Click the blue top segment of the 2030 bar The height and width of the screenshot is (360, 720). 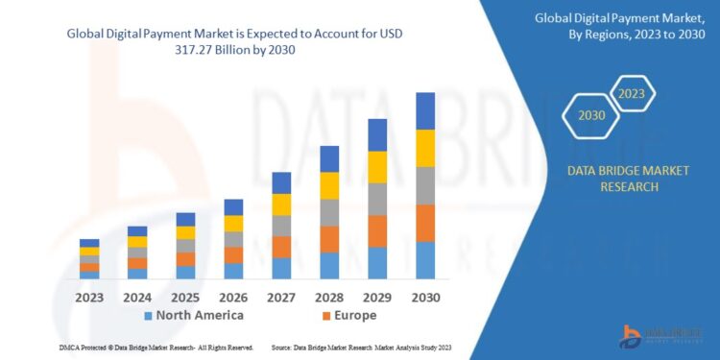click(424, 110)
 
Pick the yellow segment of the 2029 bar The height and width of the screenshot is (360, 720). click(377, 167)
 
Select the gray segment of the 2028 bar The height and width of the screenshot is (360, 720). click(329, 212)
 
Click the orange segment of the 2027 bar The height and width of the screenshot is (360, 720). click(281, 247)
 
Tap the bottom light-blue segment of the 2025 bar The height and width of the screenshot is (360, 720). click(185, 272)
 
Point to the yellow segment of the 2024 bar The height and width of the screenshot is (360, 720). click(137, 242)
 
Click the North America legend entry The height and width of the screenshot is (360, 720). click(193, 315)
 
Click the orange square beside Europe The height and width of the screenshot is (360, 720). click(326, 316)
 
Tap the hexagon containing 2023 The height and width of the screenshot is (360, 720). click(632, 94)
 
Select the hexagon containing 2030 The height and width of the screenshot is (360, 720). click(591, 115)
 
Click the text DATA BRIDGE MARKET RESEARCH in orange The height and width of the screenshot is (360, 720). click(615, 179)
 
